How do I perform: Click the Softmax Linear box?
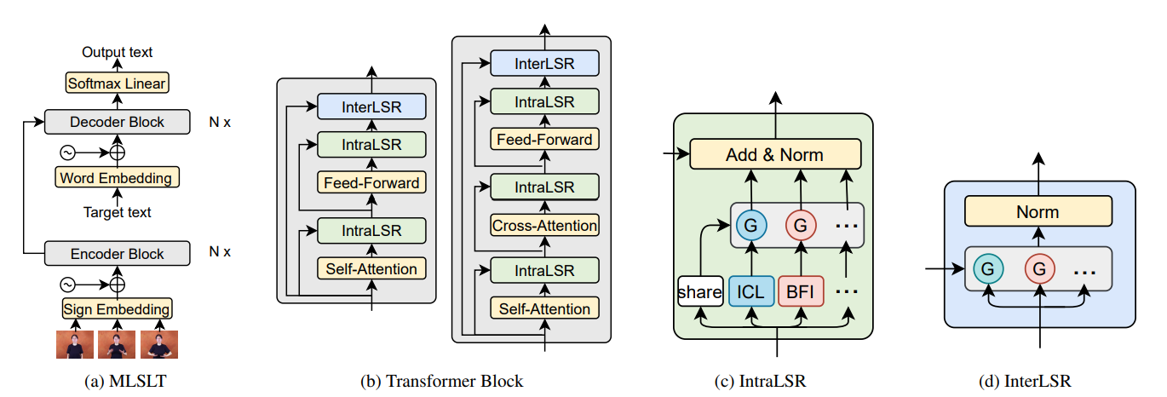pos(117,83)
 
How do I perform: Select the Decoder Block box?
pos(117,122)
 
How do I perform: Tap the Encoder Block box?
pos(117,253)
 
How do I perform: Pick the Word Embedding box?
pos(117,178)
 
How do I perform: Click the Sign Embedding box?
pos(117,308)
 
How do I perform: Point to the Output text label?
pos(117,52)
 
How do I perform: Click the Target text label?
pos(117,212)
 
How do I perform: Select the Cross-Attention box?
pos(544,226)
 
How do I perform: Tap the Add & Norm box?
pos(774,154)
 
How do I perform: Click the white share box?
pos(700,291)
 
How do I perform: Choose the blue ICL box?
pos(751,291)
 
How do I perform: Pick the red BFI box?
pos(801,291)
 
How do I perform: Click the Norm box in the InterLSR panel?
pos(1038,212)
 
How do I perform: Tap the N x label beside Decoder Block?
pos(219,122)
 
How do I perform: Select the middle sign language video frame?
pos(117,345)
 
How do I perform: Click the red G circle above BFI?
pos(801,227)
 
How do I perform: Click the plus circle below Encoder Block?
pos(118,283)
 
